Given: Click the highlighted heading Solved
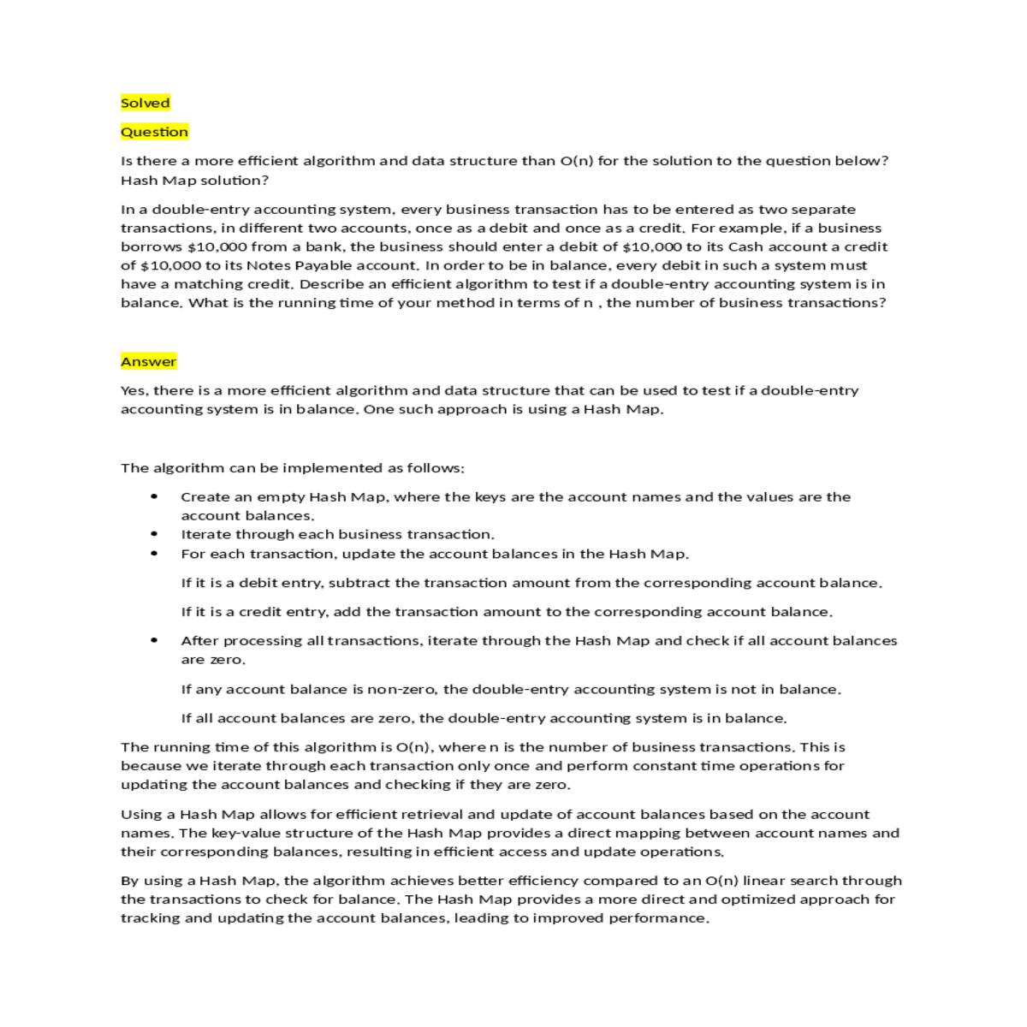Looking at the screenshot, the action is click(x=145, y=103).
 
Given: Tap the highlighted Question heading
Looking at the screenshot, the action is click(x=154, y=132).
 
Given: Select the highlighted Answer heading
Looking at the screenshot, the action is click(x=148, y=361).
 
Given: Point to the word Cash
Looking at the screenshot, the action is click(x=745, y=246).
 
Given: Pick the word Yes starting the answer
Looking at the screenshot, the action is click(x=134, y=390).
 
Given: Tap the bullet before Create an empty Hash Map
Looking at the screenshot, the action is click(x=154, y=496).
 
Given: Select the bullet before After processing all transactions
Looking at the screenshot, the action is click(x=154, y=640).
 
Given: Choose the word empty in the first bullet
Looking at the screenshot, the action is click(x=281, y=497).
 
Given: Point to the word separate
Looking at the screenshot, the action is click(x=822, y=209).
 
